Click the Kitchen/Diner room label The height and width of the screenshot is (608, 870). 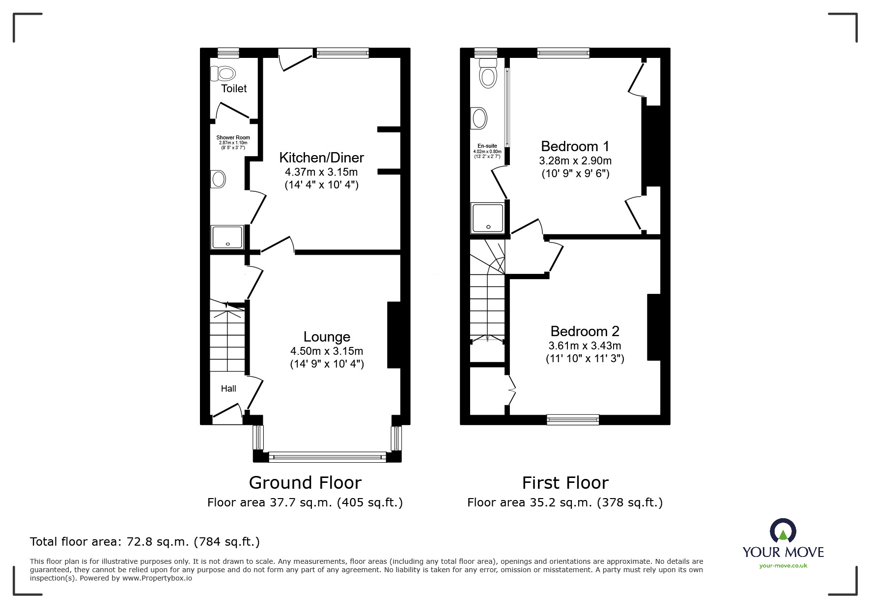[322, 158]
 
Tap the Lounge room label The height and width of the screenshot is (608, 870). [327, 337]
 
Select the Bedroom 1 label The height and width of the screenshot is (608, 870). [575, 146]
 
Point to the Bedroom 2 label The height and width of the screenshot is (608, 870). [585, 331]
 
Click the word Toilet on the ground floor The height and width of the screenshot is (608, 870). [234, 88]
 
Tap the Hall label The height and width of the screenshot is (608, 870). [228, 389]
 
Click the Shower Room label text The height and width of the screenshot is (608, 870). [233, 138]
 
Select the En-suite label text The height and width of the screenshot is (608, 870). [487, 146]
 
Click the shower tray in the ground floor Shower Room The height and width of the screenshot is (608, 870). [227, 237]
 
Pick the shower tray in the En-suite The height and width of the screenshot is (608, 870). [487, 217]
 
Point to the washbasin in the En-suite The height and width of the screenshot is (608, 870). [478, 118]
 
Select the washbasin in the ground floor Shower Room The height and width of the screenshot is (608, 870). [218, 179]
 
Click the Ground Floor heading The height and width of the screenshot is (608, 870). [305, 483]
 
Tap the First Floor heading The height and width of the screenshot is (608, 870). [565, 483]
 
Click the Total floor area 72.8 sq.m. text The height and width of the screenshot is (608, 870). [145, 542]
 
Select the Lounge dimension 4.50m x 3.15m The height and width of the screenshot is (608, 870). [327, 351]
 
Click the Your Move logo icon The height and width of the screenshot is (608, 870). [783, 531]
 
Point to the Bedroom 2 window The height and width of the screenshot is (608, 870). [573, 420]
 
